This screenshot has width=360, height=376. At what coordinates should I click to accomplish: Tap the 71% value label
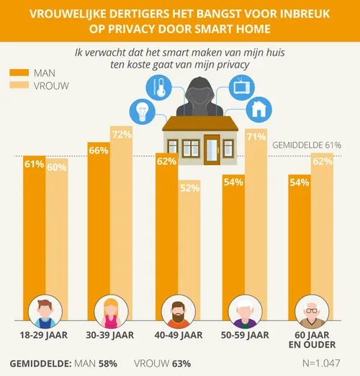pos(256,136)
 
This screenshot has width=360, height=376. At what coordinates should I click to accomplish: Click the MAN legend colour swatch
pos(19,73)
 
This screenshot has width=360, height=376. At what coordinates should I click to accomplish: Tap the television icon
pos(239,91)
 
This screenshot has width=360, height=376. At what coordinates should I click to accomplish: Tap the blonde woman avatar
pos(112,310)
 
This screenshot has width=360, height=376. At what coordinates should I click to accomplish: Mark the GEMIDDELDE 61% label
pos(306,145)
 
